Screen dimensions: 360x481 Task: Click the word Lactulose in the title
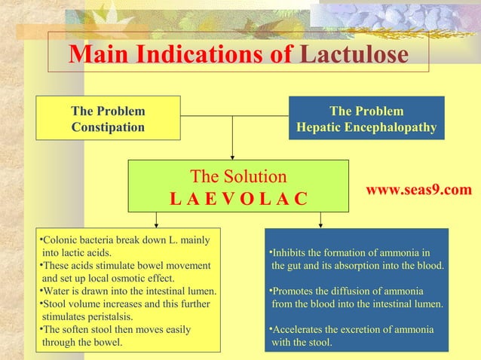354,54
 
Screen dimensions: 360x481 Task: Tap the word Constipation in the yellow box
108,127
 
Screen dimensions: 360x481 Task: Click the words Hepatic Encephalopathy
366,127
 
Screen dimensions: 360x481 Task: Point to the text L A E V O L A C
238,200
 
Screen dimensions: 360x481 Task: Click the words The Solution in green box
238,177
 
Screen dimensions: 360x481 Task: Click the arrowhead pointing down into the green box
232,155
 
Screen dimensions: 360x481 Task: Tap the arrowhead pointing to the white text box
156,223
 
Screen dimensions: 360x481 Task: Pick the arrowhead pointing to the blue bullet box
321,223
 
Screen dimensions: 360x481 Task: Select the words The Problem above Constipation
108,111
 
